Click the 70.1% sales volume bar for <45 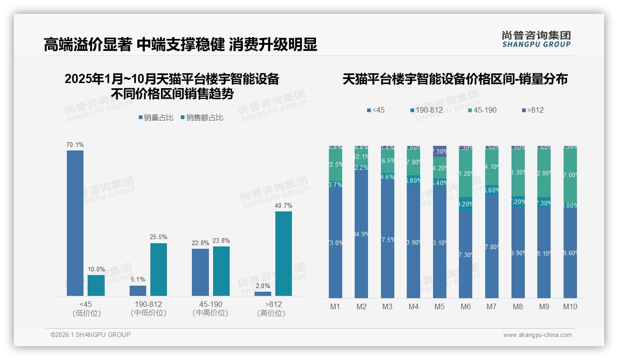75,223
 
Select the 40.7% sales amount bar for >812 284,253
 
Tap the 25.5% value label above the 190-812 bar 158,237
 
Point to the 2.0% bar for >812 263,294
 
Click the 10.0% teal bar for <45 96,285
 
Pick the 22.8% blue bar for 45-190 200,272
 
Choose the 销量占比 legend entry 156,118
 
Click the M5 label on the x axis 440,306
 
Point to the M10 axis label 570,306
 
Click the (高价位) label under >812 271,313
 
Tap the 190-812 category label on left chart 148,305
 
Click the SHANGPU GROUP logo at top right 536,39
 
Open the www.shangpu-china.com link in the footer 537,335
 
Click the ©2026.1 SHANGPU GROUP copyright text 90,335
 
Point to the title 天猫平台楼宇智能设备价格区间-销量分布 455,79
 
